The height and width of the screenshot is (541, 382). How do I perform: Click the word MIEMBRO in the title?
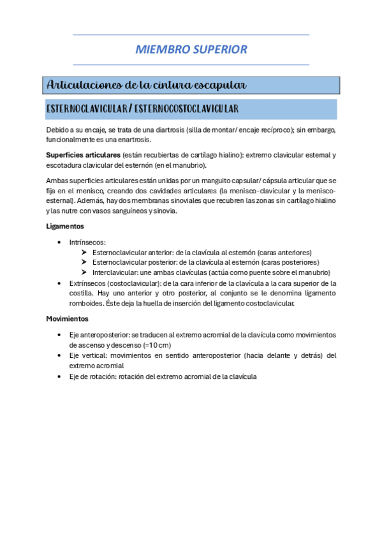coord(161,49)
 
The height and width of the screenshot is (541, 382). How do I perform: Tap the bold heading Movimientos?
coord(68,318)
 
